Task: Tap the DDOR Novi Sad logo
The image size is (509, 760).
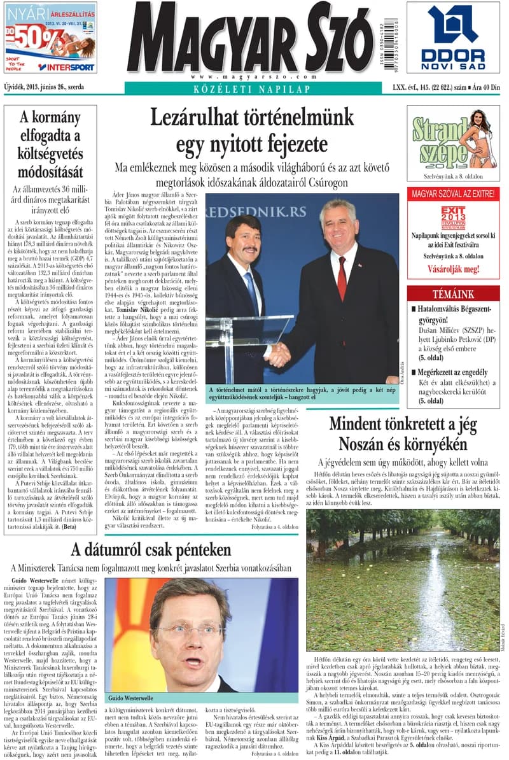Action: (x=452, y=38)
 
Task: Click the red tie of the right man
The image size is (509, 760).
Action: (x=342, y=278)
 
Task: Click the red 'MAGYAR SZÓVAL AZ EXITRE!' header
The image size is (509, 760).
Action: (x=452, y=193)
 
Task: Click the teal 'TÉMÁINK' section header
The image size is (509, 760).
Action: (x=453, y=294)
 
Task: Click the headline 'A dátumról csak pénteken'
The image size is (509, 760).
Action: (x=151, y=549)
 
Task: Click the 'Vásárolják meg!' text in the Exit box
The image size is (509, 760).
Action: (x=452, y=269)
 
